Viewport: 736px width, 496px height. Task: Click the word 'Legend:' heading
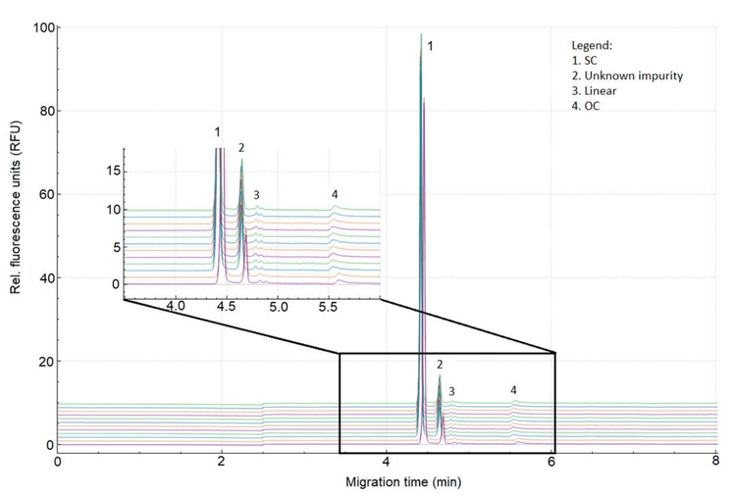(x=592, y=46)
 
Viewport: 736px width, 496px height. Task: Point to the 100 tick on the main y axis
(x=41, y=27)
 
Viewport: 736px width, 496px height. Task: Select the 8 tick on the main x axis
(x=715, y=461)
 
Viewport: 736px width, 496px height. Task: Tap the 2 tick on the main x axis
(x=222, y=461)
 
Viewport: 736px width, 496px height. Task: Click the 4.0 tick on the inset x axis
(x=177, y=308)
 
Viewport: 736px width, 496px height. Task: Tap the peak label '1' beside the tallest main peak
(x=430, y=45)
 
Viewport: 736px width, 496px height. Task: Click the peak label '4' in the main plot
(x=513, y=390)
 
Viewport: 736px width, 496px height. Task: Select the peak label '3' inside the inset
(x=256, y=195)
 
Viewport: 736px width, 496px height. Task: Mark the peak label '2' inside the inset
(x=241, y=147)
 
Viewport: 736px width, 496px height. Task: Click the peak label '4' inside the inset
(x=335, y=194)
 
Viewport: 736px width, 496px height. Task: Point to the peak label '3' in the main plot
(x=451, y=391)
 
